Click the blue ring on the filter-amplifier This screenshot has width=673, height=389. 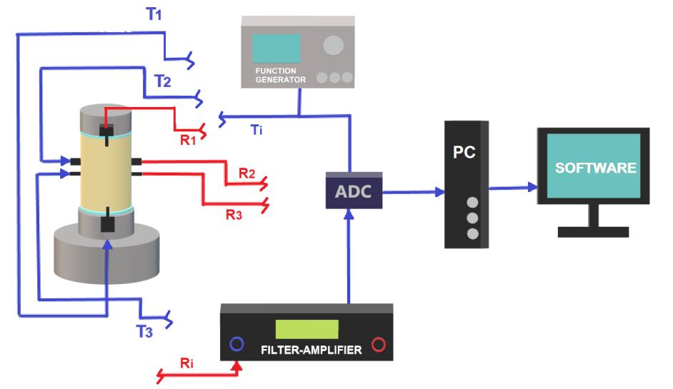coord(236,344)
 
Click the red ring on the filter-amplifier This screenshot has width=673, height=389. coord(378,344)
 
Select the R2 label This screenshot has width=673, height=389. coord(246,173)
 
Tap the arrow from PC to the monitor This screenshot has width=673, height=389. coord(512,188)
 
